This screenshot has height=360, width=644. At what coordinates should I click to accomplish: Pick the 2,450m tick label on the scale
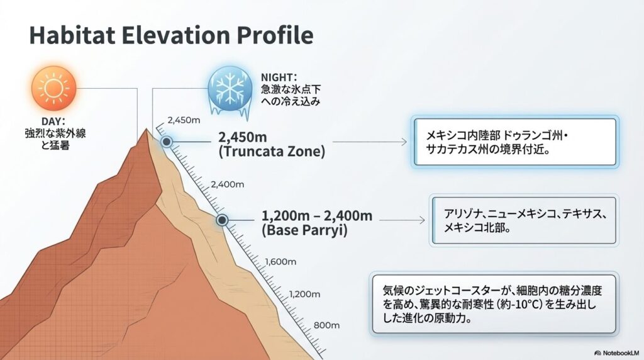point(184,120)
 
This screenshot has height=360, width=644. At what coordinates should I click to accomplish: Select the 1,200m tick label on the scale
point(304,294)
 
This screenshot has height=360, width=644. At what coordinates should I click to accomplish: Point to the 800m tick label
point(326,325)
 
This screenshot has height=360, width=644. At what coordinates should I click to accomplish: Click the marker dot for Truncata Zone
point(167,142)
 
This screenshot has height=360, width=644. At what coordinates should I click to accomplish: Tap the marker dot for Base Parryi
point(222,220)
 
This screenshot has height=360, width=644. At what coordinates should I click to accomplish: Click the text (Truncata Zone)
point(272,152)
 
